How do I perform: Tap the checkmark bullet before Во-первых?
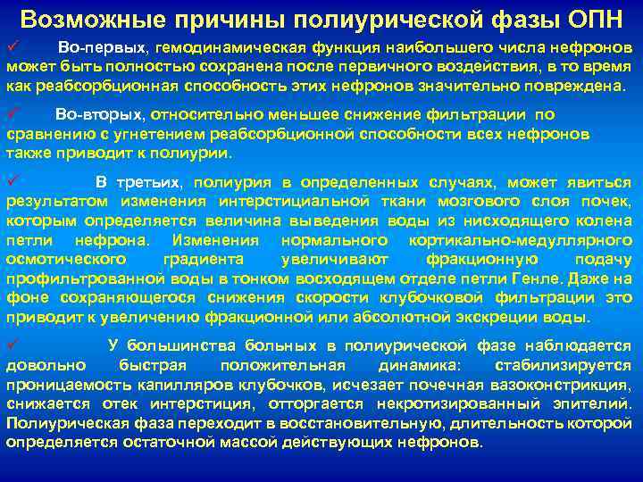(x=12, y=45)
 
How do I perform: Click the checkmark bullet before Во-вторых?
(x=12, y=114)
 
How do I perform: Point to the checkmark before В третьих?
(x=12, y=181)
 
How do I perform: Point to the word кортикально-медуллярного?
(x=520, y=240)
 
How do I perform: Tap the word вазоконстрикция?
(x=560, y=385)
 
